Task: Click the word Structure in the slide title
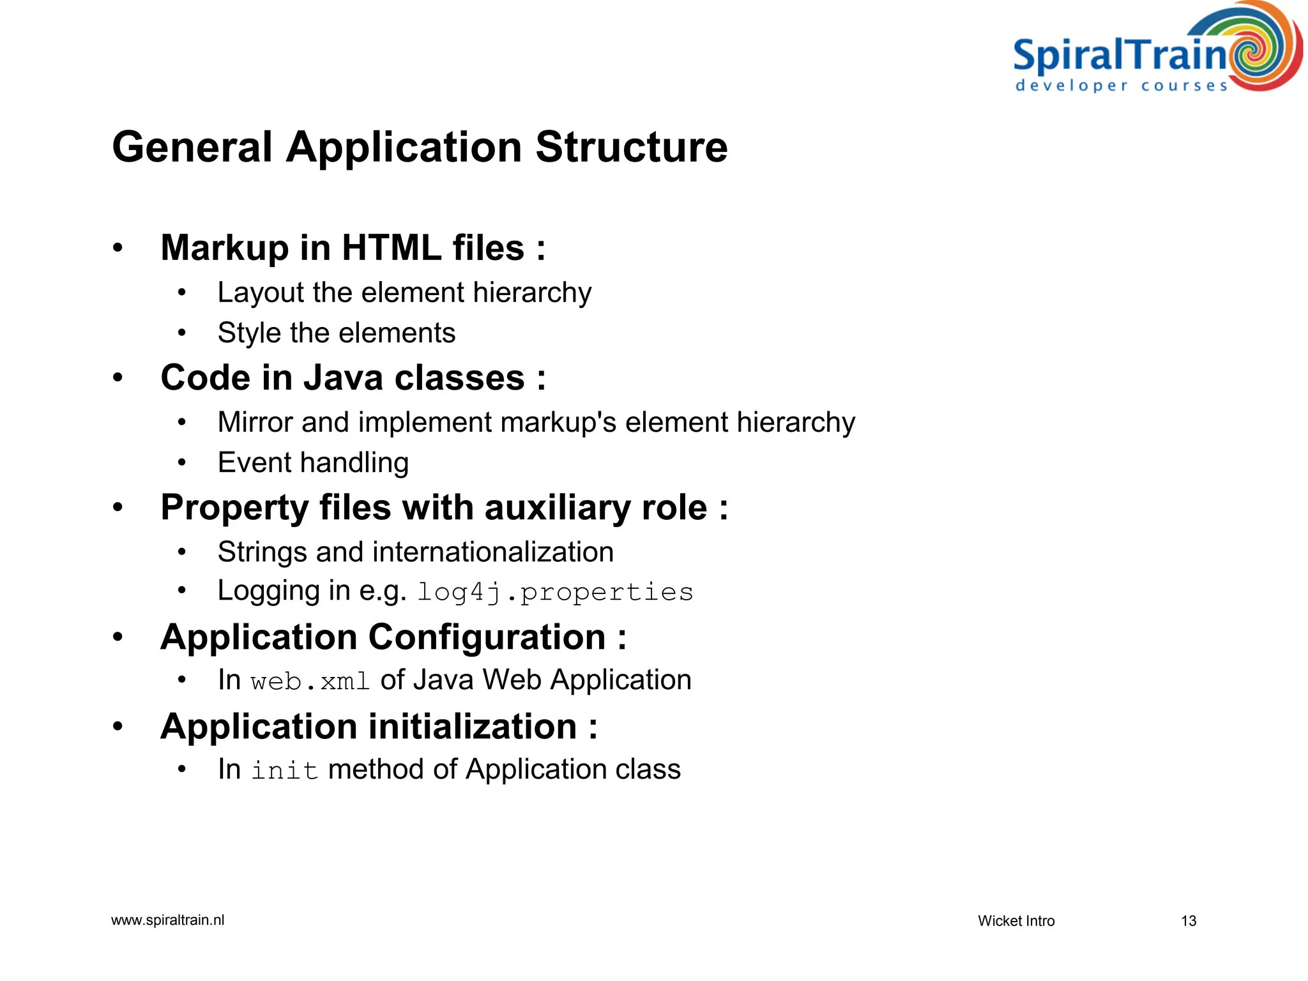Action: [x=631, y=148]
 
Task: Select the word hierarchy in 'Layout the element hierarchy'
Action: [x=532, y=293]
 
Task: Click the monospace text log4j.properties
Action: [x=555, y=593]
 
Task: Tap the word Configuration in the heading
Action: [x=487, y=637]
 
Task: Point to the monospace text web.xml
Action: [x=310, y=681]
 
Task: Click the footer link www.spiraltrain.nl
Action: [x=167, y=920]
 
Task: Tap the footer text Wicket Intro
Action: [x=1015, y=921]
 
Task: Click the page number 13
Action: [x=1188, y=921]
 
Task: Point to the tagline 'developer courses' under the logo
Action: [x=1121, y=86]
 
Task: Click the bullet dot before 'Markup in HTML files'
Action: [x=118, y=248]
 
